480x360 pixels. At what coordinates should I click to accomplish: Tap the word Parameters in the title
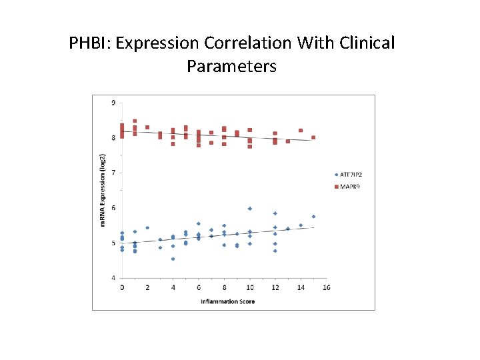coord(231,67)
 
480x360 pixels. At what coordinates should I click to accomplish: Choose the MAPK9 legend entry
coord(347,186)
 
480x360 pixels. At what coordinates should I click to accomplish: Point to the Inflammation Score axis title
coord(227,302)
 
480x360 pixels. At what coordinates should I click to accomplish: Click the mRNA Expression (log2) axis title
coord(103,191)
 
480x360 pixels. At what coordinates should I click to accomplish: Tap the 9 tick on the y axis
coord(113,103)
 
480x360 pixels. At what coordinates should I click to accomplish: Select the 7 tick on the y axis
coord(113,173)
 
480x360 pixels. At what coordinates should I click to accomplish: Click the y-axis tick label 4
coord(113,278)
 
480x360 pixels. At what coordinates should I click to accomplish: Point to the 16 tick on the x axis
coord(326,287)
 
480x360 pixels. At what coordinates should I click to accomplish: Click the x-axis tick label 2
coord(147,287)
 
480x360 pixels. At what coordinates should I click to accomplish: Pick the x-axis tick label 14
coord(301,287)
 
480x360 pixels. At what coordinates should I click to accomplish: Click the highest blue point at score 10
coord(250,209)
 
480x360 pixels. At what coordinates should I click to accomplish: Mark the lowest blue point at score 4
coord(173,259)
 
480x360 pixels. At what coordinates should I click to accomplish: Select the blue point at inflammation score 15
coord(313,217)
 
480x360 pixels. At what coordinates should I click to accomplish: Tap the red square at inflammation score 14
coord(301,131)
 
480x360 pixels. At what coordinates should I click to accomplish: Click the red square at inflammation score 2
coord(147,127)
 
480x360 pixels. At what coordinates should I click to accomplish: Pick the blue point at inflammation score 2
coord(147,228)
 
